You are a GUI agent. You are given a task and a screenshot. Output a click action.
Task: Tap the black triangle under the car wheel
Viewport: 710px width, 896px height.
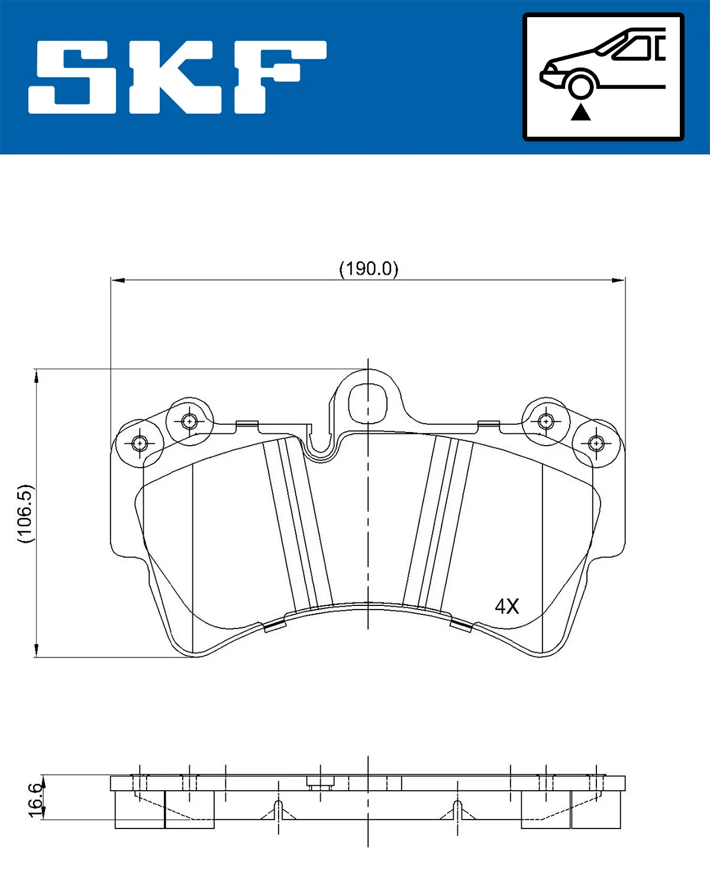coord(580,112)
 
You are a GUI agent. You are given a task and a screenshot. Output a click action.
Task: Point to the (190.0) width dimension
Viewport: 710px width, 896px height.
coord(368,269)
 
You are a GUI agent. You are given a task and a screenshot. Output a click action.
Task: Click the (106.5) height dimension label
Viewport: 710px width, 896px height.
coord(25,513)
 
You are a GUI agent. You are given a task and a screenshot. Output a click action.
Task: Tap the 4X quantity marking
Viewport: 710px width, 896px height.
coord(506,606)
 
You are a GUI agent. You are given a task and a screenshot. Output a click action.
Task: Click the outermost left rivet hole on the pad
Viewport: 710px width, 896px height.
coord(140,443)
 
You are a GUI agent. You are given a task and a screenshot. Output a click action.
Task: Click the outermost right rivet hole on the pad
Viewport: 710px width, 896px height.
coord(596,443)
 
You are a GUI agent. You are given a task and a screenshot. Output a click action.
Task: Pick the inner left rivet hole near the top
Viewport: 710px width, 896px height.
coord(189,421)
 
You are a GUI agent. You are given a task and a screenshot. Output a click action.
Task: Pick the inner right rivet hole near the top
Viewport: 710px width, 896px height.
coord(546,421)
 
